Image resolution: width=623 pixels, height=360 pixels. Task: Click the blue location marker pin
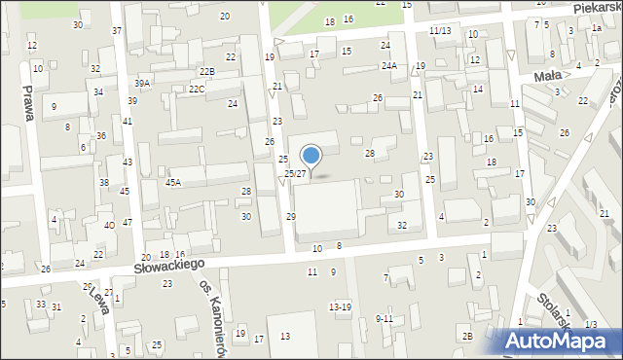coord(311,156)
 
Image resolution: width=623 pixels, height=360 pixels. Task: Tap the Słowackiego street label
coord(170,264)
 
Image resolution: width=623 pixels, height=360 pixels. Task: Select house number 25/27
coord(295,173)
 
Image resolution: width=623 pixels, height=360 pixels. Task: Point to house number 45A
coord(173,182)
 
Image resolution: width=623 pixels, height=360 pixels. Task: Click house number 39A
coord(142,84)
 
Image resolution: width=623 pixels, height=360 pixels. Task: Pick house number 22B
coord(206,72)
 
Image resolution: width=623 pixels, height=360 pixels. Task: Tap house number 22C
coord(197,90)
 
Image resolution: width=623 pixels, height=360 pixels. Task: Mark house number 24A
coord(388,65)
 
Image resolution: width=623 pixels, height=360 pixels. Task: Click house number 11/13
coord(440,31)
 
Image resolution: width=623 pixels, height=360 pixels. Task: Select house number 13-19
coord(340,307)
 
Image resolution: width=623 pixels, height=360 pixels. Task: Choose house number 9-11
coord(384,318)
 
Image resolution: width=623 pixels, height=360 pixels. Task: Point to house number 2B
coord(467,337)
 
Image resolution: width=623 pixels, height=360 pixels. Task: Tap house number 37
coord(117,31)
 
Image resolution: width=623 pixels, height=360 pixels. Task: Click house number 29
coord(291,216)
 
